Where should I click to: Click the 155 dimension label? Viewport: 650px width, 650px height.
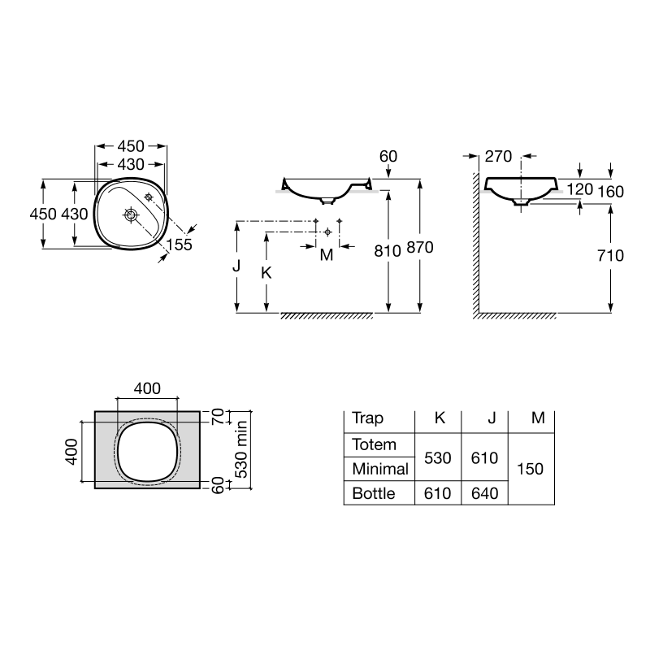click(x=179, y=245)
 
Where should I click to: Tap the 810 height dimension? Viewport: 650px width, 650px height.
click(x=388, y=251)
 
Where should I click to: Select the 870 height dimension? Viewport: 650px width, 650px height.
click(x=420, y=248)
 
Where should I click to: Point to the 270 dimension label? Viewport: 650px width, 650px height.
click(x=498, y=156)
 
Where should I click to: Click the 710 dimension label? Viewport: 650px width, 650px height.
click(x=610, y=255)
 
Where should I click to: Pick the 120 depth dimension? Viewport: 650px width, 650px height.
click(x=579, y=189)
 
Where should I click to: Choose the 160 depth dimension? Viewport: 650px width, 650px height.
click(x=610, y=192)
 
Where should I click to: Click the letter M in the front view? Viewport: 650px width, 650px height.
click(x=327, y=255)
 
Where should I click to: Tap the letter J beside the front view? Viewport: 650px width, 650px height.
click(x=236, y=266)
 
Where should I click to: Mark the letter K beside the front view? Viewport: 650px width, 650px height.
click(x=266, y=273)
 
